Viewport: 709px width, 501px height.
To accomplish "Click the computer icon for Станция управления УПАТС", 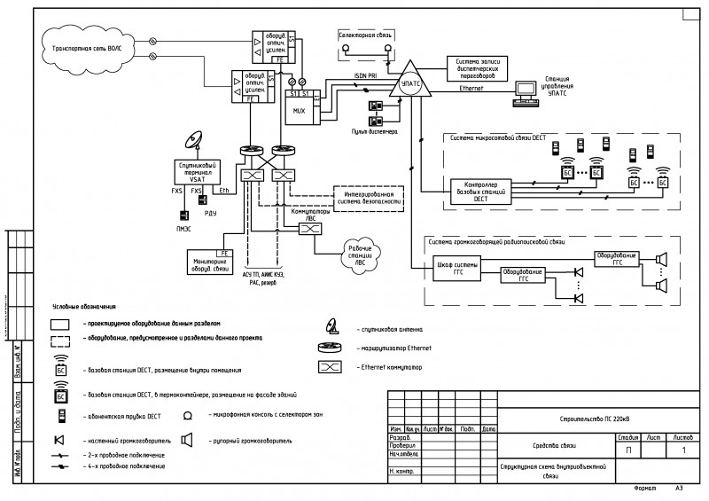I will point(528,91).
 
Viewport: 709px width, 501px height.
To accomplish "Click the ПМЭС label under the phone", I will point(184,229).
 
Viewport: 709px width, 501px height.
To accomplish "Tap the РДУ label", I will point(210,214).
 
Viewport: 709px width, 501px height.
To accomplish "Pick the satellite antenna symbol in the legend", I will point(331,326).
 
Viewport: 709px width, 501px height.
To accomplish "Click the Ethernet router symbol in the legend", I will point(331,348).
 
